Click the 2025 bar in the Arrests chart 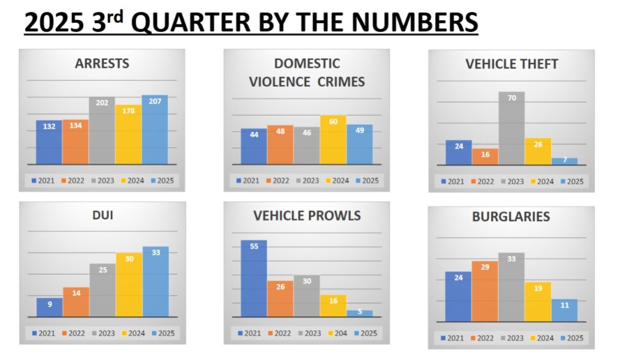tap(155, 130)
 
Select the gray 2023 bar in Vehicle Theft tap(511, 129)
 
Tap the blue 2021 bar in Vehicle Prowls tap(253, 279)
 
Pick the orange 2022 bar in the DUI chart tap(76, 302)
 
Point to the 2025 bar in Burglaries tap(564, 310)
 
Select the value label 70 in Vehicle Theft tap(511, 97)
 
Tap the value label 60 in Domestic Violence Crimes tap(333, 121)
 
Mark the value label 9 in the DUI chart tap(50, 304)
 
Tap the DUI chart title tap(102, 216)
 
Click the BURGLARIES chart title tap(511, 217)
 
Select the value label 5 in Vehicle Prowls tap(359, 312)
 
